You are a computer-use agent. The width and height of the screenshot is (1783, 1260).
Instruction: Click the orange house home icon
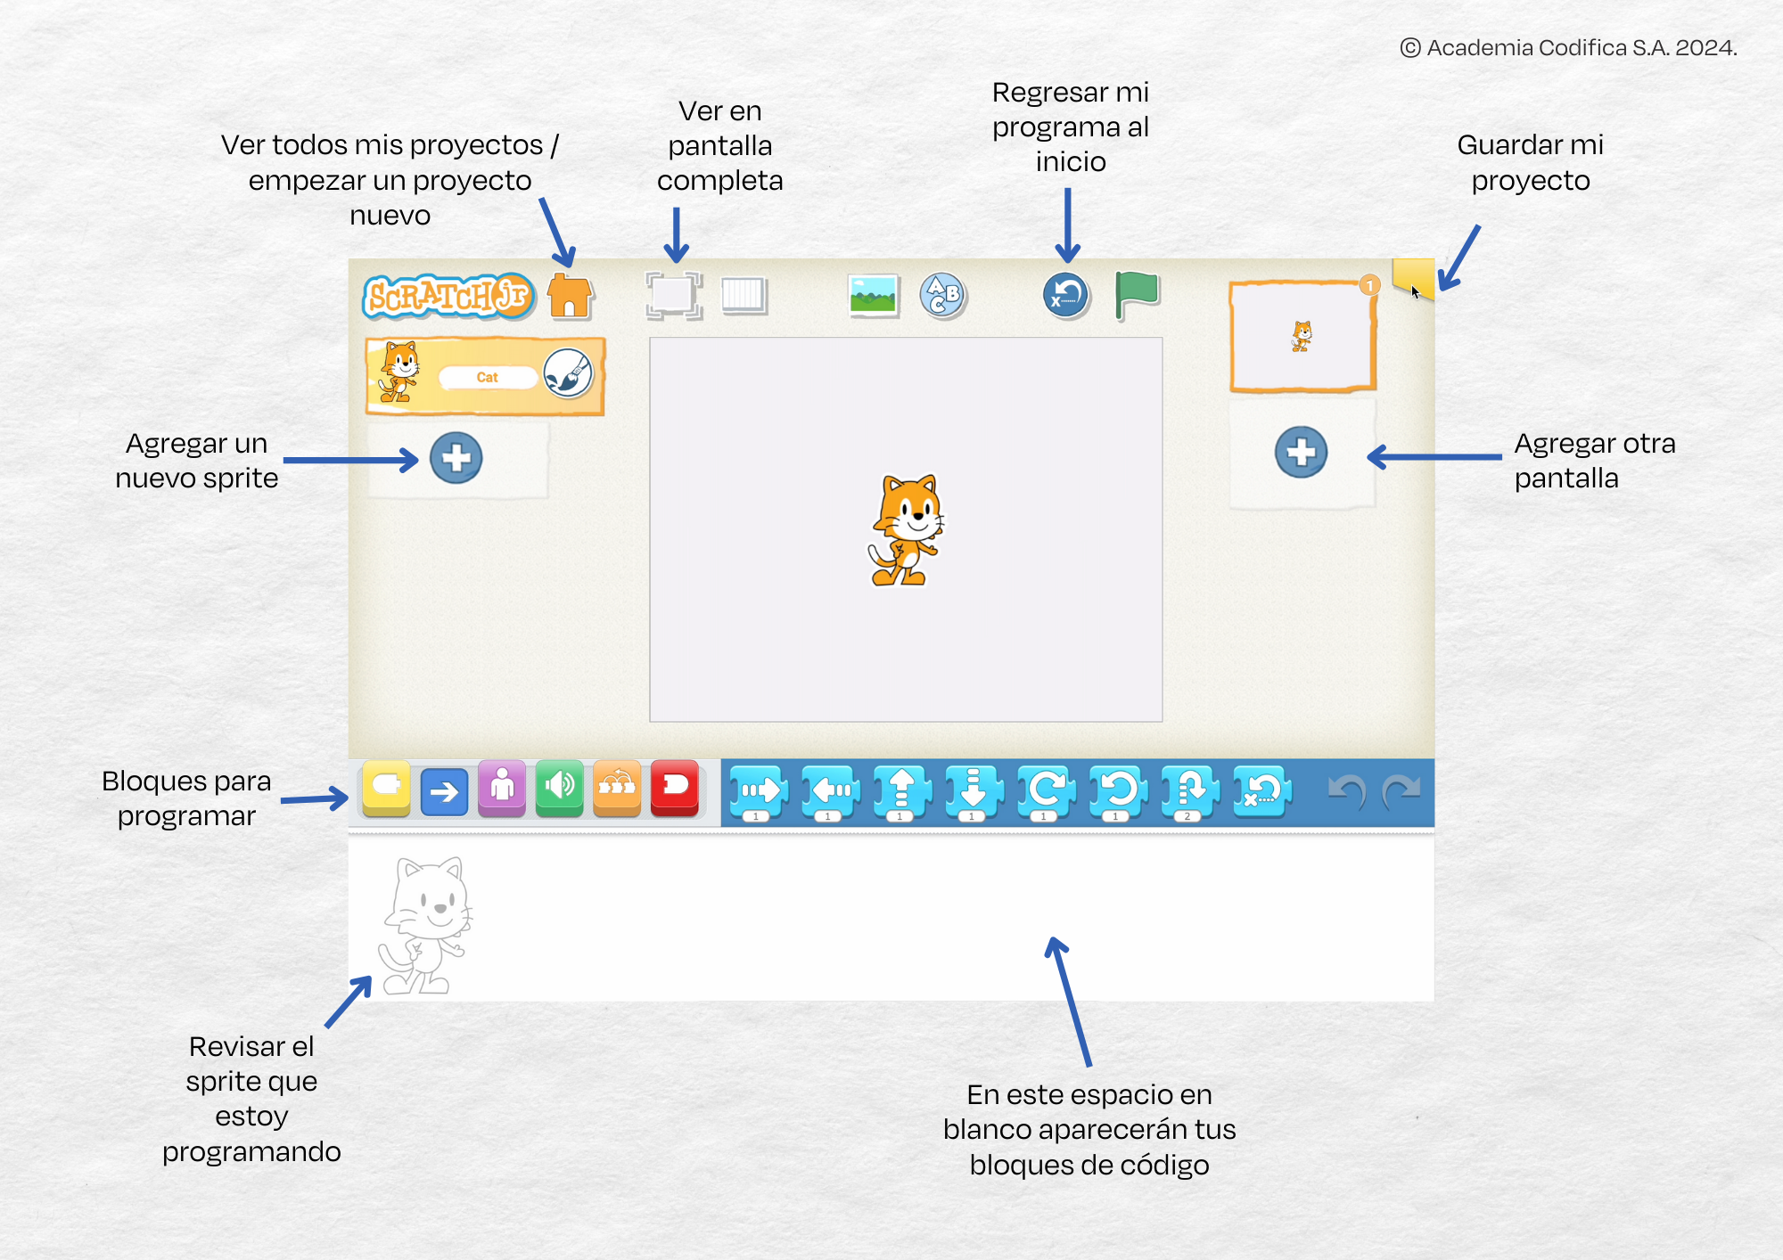pyautogui.click(x=570, y=295)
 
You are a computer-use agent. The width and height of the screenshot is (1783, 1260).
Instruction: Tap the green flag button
pyautogui.click(x=1137, y=295)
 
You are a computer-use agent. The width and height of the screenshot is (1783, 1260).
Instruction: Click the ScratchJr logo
pyautogui.click(x=448, y=296)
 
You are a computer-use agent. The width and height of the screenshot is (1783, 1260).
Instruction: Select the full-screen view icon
pyautogui.click(x=674, y=295)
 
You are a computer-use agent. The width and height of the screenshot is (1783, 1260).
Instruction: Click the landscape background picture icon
pyautogui.click(x=874, y=295)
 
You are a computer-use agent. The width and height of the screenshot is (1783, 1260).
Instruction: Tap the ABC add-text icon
pyautogui.click(x=943, y=295)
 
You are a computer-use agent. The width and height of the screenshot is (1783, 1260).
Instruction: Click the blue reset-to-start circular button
pyautogui.click(x=1066, y=295)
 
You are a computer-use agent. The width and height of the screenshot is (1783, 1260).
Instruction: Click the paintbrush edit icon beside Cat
pyautogui.click(x=568, y=372)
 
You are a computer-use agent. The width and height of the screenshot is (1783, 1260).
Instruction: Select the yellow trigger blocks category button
pyautogui.click(x=386, y=789)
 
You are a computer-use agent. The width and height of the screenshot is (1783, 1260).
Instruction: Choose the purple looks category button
pyautogui.click(x=502, y=789)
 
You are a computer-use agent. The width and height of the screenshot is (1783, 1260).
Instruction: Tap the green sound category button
pyautogui.click(x=560, y=789)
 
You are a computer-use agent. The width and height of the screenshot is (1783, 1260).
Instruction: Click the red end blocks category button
pyautogui.click(x=675, y=789)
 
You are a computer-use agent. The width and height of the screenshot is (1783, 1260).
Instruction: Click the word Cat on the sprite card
pyautogui.click(x=487, y=377)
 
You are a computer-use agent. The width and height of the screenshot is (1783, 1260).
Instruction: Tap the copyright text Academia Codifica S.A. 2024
pyautogui.click(x=1568, y=47)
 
